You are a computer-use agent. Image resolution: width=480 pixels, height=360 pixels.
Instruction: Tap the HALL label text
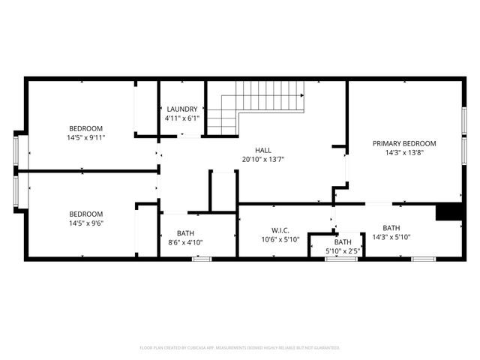[x=262, y=150]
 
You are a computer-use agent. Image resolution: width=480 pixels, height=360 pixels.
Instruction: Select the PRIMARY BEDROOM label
[x=404, y=143]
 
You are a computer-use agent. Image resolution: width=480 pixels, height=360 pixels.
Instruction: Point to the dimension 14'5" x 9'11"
[x=86, y=137]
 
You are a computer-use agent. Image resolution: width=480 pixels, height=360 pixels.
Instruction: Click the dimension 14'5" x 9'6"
[x=86, y=223]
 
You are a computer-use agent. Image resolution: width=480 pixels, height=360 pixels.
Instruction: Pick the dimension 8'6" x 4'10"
[x=184, y=242]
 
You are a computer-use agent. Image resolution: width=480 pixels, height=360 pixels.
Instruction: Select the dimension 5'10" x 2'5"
[x=343, y=251]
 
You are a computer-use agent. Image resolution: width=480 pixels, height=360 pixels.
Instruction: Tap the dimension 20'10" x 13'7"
[x=262, y=159]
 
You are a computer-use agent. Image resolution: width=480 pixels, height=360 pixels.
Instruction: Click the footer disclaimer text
[x=240, y=348]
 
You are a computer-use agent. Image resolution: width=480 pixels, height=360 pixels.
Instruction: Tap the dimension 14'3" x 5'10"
[x=391, y=237]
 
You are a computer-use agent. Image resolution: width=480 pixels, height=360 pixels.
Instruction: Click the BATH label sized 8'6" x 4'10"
[x=184, y=233]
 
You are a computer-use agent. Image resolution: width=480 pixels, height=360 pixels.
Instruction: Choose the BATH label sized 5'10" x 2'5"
[x=343, y=242]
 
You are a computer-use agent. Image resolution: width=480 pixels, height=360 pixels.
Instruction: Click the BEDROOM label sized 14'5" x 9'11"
[x=86, y=128]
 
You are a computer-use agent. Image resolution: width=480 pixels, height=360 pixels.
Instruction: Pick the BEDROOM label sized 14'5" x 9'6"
[x=86, y=214]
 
